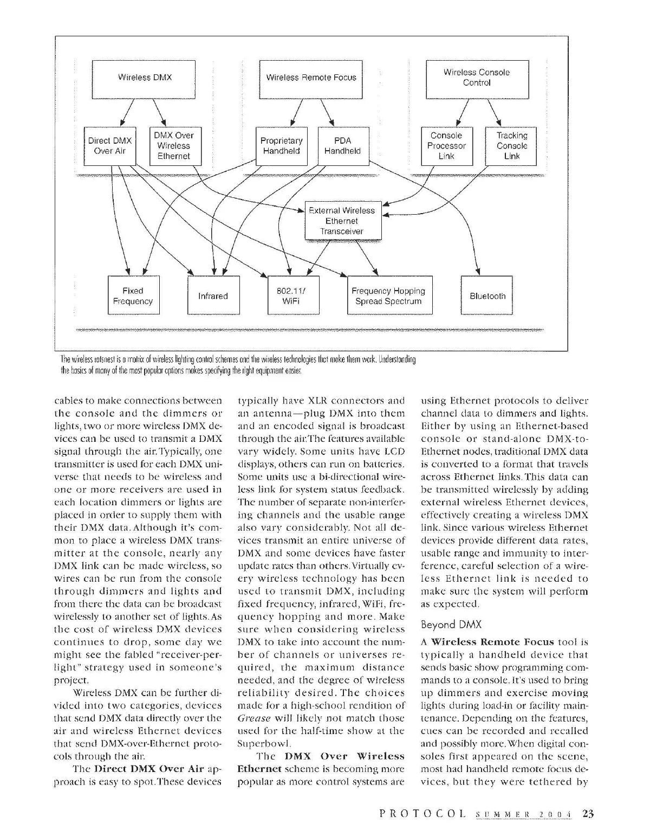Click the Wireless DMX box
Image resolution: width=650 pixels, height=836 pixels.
point(145,78)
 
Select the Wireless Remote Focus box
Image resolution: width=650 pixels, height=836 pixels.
point(311,78)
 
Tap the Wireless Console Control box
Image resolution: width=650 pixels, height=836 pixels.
point(477,78)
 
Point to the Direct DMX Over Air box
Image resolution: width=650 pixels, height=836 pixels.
point(110,146)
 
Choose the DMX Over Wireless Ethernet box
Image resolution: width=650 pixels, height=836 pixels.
point(173,146)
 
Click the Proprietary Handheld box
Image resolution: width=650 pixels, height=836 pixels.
point(281,146)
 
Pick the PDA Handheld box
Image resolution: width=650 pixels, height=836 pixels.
point(342,146)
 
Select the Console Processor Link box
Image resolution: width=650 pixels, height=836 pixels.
point(446,146)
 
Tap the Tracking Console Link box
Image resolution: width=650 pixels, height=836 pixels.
point(511,146)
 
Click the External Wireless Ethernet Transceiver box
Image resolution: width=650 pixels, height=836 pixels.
point(342,221)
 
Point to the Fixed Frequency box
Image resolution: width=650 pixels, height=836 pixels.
point(133,296)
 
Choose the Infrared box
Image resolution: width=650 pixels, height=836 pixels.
point(213,296)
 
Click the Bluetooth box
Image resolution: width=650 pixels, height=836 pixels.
point(487,296)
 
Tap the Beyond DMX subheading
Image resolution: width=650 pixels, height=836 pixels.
point(451,625)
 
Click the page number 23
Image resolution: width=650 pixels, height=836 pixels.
point(588,813)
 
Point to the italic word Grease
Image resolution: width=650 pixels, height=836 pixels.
point(253,718)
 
